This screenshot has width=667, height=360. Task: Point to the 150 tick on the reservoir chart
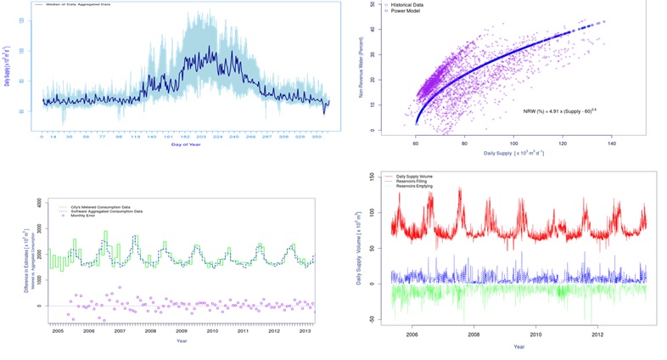(373, 177)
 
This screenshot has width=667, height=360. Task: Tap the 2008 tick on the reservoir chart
(474, 335)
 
